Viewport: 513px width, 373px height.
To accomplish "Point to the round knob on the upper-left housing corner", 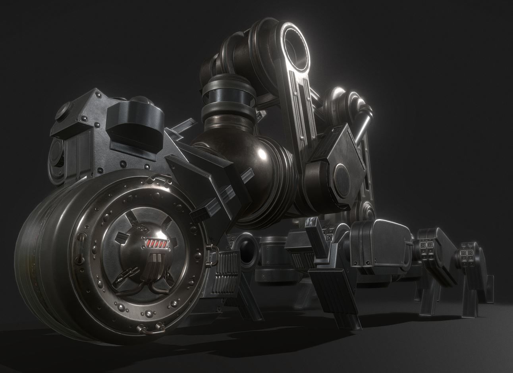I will (65, 112).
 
